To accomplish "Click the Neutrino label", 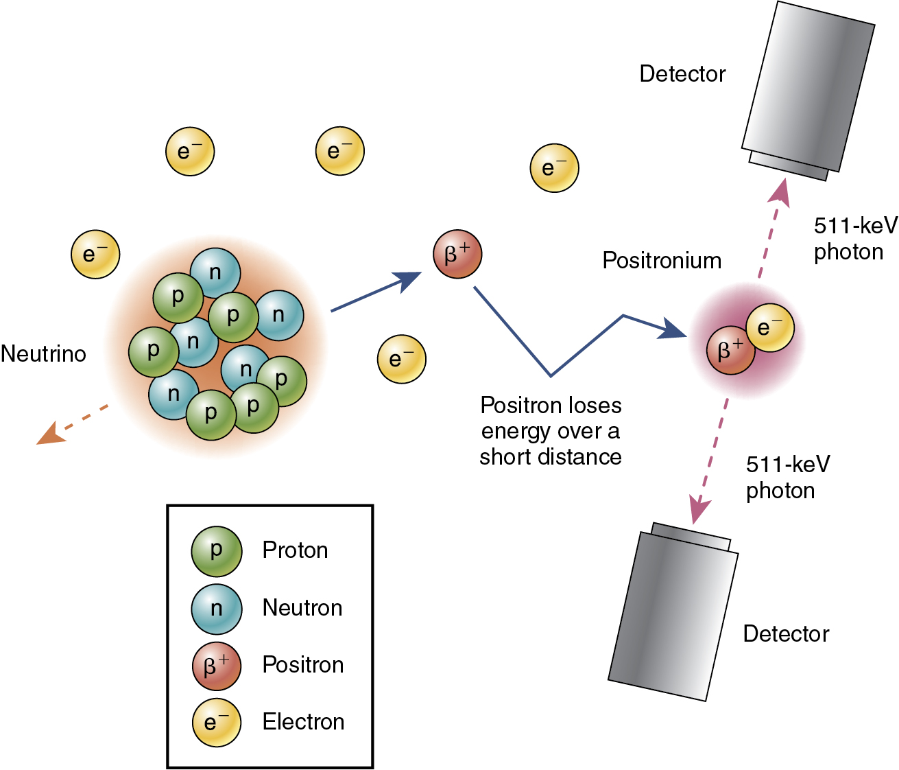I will coord(44,354).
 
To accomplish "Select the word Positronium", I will coord(662,261).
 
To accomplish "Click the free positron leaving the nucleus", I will coord(457,254).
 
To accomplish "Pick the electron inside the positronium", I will coord(769,328).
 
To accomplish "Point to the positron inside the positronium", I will coord(731,350).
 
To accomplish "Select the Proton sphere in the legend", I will coord(217,550).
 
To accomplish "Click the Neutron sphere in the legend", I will coord(217,608).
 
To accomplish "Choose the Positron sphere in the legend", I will coord(217,665).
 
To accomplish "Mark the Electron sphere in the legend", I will coord(217,722).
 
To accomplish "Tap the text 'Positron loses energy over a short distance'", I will coord(551,431).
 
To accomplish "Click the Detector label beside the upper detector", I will coord(682,74).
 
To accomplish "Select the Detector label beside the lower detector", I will coord(786,633).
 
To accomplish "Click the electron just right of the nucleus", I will coord(402,359).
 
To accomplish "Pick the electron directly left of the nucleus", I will coord(96,254).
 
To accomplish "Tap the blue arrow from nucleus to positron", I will coord(376,292).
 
